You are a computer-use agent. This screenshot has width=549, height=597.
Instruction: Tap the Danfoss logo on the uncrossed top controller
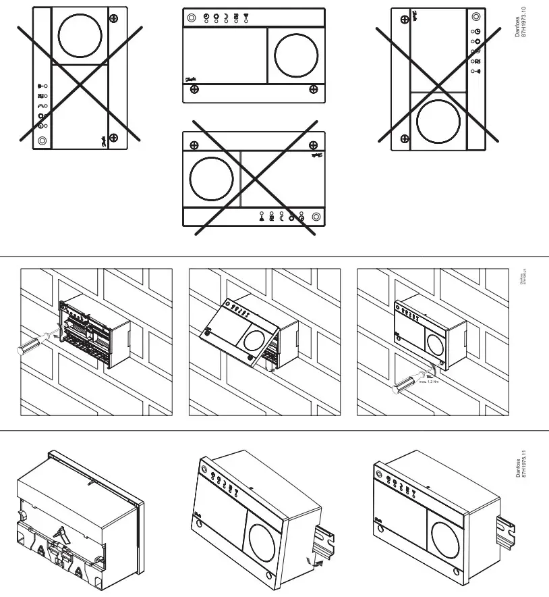pos(190,78)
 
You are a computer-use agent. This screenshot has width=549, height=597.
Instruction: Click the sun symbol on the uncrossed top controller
pos(216,16)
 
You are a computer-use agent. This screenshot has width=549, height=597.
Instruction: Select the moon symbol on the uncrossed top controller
pos(226,16)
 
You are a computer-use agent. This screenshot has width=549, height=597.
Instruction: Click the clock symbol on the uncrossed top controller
pos(206,16)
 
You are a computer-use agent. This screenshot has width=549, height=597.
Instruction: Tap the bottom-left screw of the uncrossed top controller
pos(194,91)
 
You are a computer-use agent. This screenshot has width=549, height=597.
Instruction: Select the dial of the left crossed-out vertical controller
pos(80,35)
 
